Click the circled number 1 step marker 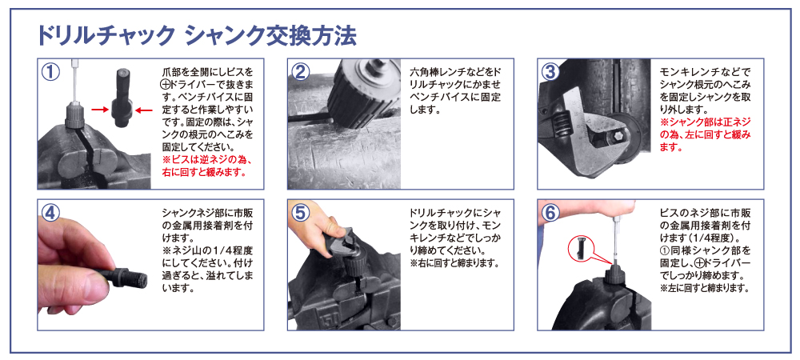(x=50, y=71)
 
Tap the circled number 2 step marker (x=301, y=71)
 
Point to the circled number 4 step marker (x=50, y=213)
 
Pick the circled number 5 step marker (x=301, y=213)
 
